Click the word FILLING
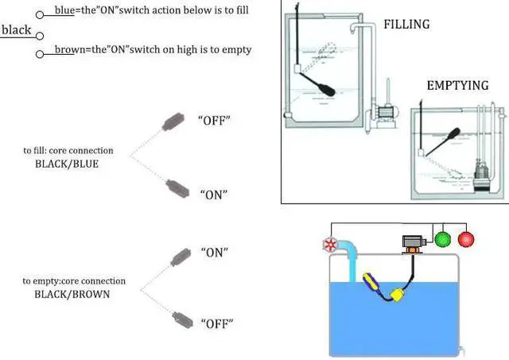(x=406, y=25)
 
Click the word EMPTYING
(x=457, y=85)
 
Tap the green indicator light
(x=444, y=238)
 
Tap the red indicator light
(x=467, y=238)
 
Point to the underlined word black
(x=17, y=30)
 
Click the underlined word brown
(x=70, y=50)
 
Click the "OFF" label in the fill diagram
(x=213, y=120)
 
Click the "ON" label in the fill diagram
(x=213, y=193)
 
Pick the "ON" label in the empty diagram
(x=213, y=252)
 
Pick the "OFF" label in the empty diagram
(x=213, y=324)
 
